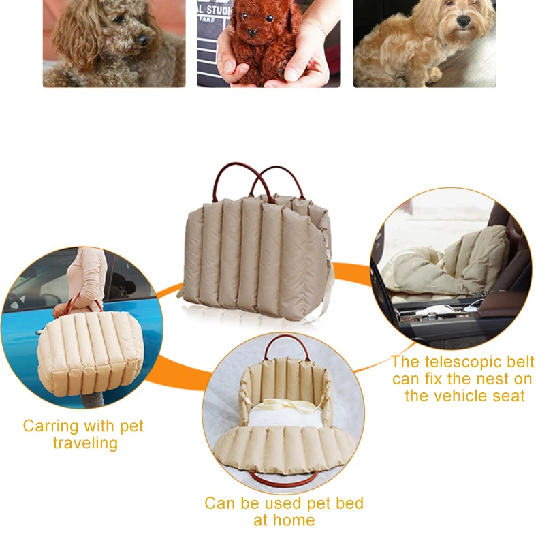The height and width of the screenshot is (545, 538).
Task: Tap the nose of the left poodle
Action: pos(144,40)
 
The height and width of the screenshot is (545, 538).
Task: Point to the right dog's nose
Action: pos(464,22)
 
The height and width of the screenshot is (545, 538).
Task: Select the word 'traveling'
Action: pos(84,443)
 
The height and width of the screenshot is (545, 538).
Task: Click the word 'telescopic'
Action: pos(465,362)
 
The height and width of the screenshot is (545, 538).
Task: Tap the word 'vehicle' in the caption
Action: pos(463,396)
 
